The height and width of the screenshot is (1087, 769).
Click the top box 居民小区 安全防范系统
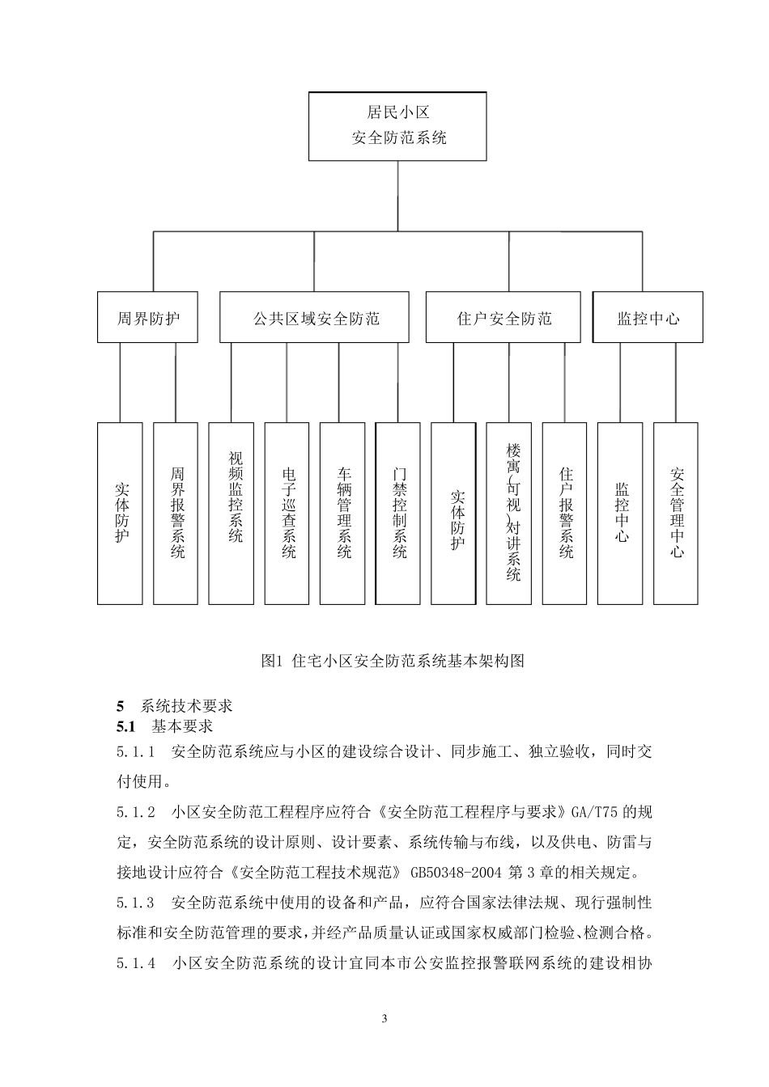pos(397,125)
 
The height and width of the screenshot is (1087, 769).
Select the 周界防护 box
pos(148,318)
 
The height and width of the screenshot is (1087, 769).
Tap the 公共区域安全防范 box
pos(314,318)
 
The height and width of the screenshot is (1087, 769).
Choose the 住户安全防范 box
pos(503,318)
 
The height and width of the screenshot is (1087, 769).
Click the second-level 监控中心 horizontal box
pos(648,318)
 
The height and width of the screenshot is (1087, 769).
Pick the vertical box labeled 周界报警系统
pos(176,513)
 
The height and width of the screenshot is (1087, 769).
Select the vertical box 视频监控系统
pos(232,513)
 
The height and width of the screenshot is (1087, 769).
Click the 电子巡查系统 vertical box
pos(287,513)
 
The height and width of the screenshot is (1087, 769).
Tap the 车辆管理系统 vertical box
pos(342,513)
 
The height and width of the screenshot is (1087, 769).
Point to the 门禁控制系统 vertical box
pos(398,513)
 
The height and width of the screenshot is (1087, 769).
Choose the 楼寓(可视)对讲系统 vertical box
pos(509,513)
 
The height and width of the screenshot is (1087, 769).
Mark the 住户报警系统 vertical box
pos(564,513)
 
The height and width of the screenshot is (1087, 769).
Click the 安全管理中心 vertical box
pos(676,513)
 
